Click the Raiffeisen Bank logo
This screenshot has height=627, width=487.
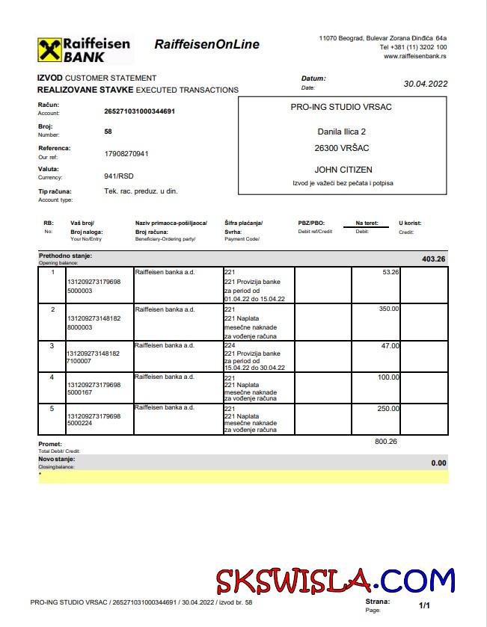(x=84, y=49)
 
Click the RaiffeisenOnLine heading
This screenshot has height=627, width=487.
(x=206, y=44)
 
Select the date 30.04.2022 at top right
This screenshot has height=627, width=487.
(x=425, y=84)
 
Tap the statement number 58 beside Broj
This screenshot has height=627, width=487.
(x=108, y=131)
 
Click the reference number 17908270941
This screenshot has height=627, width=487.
(x=126, y=153)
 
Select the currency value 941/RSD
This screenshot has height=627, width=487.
(x=119, y=176)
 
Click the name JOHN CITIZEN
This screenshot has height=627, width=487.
(x=343, y=170)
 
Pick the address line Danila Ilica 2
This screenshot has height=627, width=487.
(x=342, y=132)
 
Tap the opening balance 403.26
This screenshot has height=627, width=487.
(x=433, y=259)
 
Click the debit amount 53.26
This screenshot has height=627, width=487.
(x=390, y=272)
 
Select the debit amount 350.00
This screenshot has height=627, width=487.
(x=388, y=309)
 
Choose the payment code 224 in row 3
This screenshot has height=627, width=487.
(x=230, y=346)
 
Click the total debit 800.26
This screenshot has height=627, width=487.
(x=386, y=442)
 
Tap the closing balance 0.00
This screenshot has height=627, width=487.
(x=438, y=463)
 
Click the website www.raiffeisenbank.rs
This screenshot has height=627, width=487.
(x=415, y=56)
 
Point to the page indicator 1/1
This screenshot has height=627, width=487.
(x=424, y=605)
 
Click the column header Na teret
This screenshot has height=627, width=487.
(x=367, y=223)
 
